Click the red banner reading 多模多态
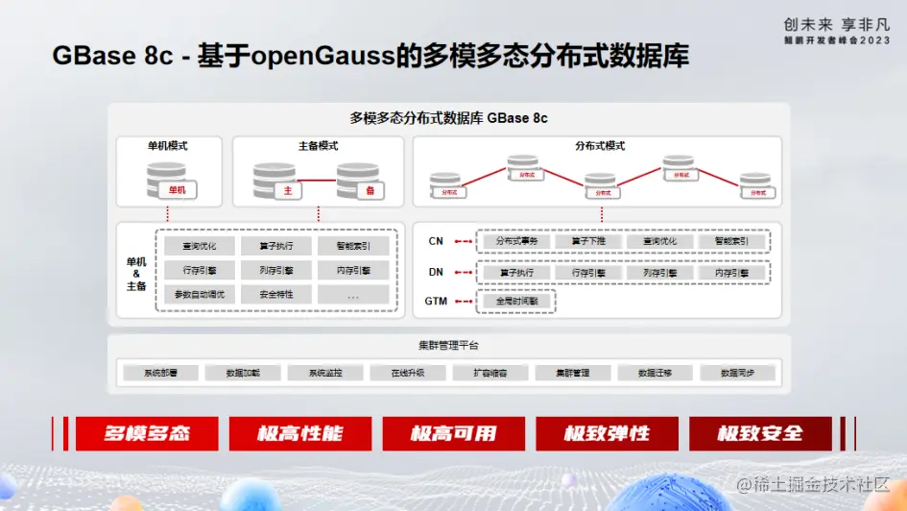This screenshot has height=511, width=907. pos(147,433)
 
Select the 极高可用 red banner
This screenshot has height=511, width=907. pos(454,433)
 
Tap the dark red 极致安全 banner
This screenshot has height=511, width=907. pos(759,433)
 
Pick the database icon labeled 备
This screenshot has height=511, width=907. pos(360,182)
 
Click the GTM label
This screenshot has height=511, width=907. pos(436,302)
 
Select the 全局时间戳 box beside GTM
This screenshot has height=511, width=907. pos(516,302)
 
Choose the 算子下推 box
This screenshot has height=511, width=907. pos(588,242)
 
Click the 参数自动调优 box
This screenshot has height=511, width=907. pos(199,295)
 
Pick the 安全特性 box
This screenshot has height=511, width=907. pos(276,295)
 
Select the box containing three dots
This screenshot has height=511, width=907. pos(353,295)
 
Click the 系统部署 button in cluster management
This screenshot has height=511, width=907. pos(160,373)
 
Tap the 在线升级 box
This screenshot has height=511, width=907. pos(408,373)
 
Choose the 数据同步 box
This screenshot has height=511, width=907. pos(737,373)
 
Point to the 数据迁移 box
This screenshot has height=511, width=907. pos(655,373)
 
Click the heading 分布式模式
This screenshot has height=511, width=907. pos(600,146)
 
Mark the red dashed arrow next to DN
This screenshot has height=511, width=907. pos(465,273)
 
